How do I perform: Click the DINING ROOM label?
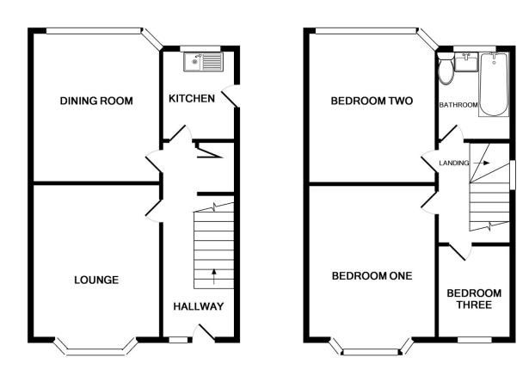click(x=96, y=101)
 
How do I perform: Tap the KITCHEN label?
click(x=192, y=99)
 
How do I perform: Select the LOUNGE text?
click(x=96, y=280)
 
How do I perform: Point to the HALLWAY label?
click(x=199, y=306)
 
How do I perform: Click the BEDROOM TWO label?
click(x=372, y=101)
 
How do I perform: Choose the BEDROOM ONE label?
click(x=372, y=276)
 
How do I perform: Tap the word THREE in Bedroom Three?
click(x=474, y=305)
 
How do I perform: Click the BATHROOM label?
click(x=458, y=105)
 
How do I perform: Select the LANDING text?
click(x=454, y=163)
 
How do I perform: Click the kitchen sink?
click(x=204, y=62)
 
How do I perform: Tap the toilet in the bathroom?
click(x=446, y=69)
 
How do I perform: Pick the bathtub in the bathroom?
click(x=494, y=84)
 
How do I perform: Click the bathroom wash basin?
click(x=466, y=62)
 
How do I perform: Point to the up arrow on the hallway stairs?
click(x=213, y=276)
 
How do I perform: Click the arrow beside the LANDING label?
click(x=481, y=163)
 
